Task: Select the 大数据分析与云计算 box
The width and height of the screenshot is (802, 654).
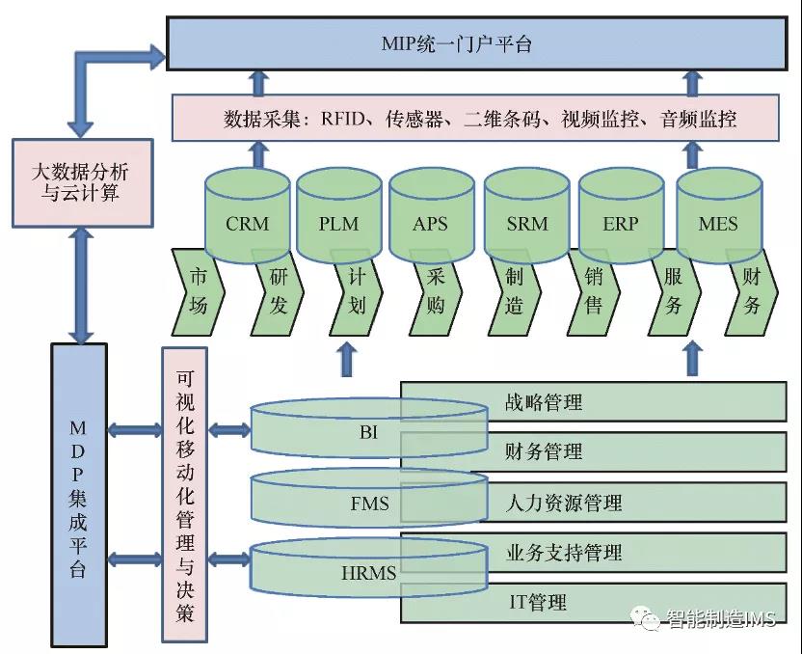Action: coord(82,183)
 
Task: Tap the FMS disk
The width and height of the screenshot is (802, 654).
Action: coord(369,503)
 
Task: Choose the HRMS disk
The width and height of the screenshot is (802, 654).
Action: coord(369,572)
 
